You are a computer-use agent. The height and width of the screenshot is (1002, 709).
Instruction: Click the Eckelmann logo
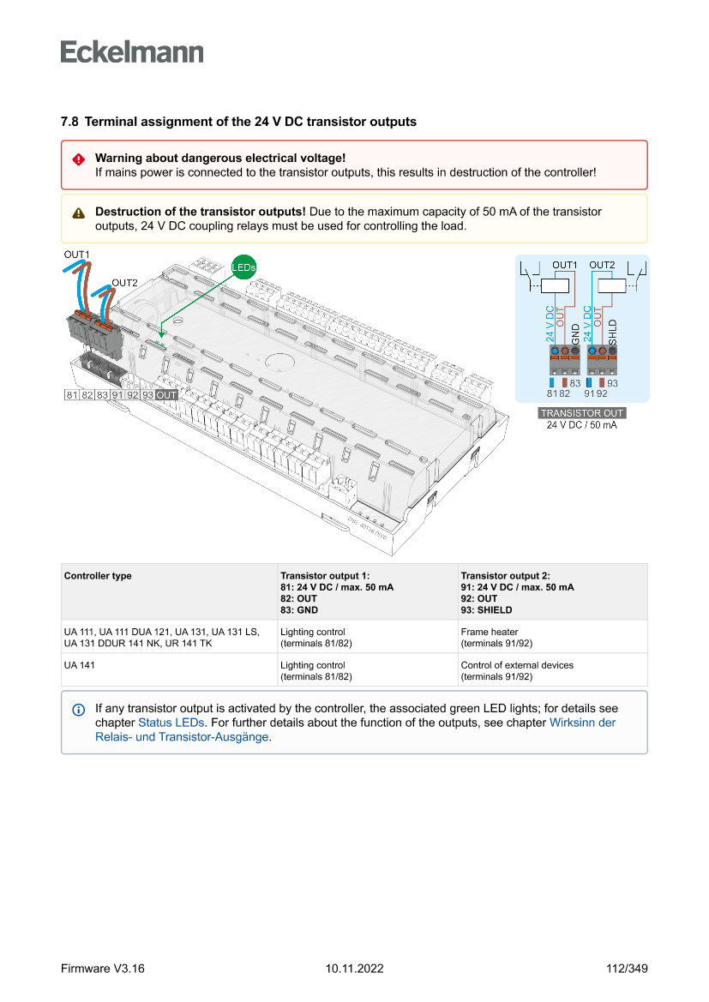pyautogui.click(x=132, y=52)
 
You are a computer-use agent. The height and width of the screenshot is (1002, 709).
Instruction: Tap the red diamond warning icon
pyautogui.click(x=78, y=159)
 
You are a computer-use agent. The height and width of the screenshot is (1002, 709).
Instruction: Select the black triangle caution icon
pyautogui.click(x=78, y=213)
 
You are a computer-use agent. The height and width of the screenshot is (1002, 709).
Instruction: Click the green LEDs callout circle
pyautogui.click(x=243, y=267)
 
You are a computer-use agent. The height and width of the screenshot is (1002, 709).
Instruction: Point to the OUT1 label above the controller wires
pyautogui.click(x=76, y=255)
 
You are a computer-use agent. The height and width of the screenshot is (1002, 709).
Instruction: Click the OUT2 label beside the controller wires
pyautogui.click(x=125, y=283)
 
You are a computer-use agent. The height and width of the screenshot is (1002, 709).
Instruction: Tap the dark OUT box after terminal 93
pyautogui.click(x=166, y=395)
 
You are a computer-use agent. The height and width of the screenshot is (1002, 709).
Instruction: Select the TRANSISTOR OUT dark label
pyautogui.click(x=581, y=413)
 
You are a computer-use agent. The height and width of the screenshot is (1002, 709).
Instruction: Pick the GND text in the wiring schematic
pyautogui.click(x=575, y=333)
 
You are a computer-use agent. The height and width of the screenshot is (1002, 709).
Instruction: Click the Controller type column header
pyautogui.click(x=98, y=576)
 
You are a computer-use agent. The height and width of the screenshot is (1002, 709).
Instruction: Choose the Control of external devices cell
pyautogui.click(x=517, y=665)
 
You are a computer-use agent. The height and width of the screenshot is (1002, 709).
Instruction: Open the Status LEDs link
pyautogui.click(x=171, y=723)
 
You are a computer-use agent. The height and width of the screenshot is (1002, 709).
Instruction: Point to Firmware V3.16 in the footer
pyautogui.click(x=102, y=969)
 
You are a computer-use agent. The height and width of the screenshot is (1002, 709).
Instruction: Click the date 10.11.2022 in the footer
pyautogui.click(x=354, y=969)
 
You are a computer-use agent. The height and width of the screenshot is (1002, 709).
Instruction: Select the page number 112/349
pyautogui.click(x=626, y=969)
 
